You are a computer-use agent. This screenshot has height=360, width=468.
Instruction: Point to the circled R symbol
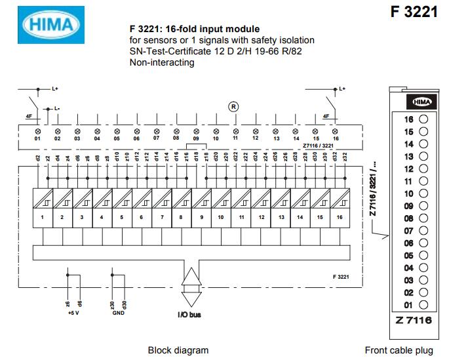click(x=232, y=106)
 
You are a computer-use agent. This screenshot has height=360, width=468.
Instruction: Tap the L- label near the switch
click(x=56, y=108)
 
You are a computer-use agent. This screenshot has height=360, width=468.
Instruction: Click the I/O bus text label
click(x=189, y=315)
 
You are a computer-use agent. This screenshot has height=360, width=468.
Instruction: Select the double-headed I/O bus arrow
click(x=189, y=287)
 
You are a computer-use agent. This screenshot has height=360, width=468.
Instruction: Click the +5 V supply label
click(x=73, y=313)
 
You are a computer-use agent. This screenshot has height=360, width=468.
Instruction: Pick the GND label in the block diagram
click(x=117, y=313)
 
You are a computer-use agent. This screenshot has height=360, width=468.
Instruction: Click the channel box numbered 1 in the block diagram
click(x=42, y=216)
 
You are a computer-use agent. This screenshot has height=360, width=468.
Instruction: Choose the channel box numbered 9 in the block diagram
click(x=201, y=216)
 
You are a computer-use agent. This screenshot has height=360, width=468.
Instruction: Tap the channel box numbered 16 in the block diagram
click(x=340, y=216)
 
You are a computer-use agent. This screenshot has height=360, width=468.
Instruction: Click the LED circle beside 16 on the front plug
click(x=423, y=119)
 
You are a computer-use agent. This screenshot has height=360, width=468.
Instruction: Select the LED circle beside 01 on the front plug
click(x=423, y=305)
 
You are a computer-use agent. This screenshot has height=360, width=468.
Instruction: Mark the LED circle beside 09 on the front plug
click(x=423, y=206)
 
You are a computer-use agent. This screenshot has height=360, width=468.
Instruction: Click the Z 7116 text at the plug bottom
click(x=413, y=319)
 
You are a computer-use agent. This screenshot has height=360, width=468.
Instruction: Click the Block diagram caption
click(x=178, y=350)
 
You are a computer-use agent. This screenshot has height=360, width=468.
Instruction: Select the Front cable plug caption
click(x=399, y=350)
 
